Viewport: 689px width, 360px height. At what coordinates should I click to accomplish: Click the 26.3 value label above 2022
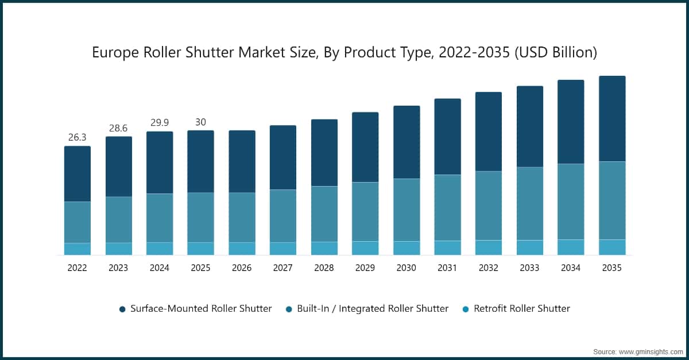(x=77, y=138)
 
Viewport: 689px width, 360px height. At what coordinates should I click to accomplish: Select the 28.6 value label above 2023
(x=118, y=128)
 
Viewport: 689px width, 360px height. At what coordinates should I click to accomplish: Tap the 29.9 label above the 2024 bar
(x=160, y=123)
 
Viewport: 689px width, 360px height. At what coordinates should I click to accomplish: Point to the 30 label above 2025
(x=200, y=122)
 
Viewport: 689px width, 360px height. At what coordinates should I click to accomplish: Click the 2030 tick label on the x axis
(x=407, y=268)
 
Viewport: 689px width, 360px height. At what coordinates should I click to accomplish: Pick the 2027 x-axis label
(x=283, y=268)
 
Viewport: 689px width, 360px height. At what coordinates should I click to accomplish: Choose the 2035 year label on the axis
(x=612, y=268)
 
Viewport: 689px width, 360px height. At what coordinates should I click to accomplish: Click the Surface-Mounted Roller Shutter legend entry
(x=195, y=308)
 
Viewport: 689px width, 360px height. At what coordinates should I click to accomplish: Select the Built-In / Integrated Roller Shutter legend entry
(x=367, y=308)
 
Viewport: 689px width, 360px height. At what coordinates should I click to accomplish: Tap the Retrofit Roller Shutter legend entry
(x=516, y=308)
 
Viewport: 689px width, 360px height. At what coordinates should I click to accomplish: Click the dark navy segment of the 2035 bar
(x=612, y=118)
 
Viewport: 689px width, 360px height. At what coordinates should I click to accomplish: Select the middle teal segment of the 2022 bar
(x=77, y=222)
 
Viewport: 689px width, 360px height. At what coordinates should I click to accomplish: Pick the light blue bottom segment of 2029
(x=365, y=248)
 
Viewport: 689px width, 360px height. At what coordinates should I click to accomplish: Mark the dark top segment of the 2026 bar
(x=242, y=161)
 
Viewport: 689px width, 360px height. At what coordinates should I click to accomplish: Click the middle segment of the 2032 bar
(x=489, y=206)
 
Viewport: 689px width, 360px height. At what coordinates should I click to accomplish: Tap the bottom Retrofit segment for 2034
(x=571, y=247)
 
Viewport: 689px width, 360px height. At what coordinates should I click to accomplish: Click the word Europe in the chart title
(x=114, y=53)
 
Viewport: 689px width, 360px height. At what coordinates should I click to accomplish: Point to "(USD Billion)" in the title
(x=556, y=53)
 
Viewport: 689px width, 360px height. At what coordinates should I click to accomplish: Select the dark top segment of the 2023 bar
(x=118, y=167)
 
